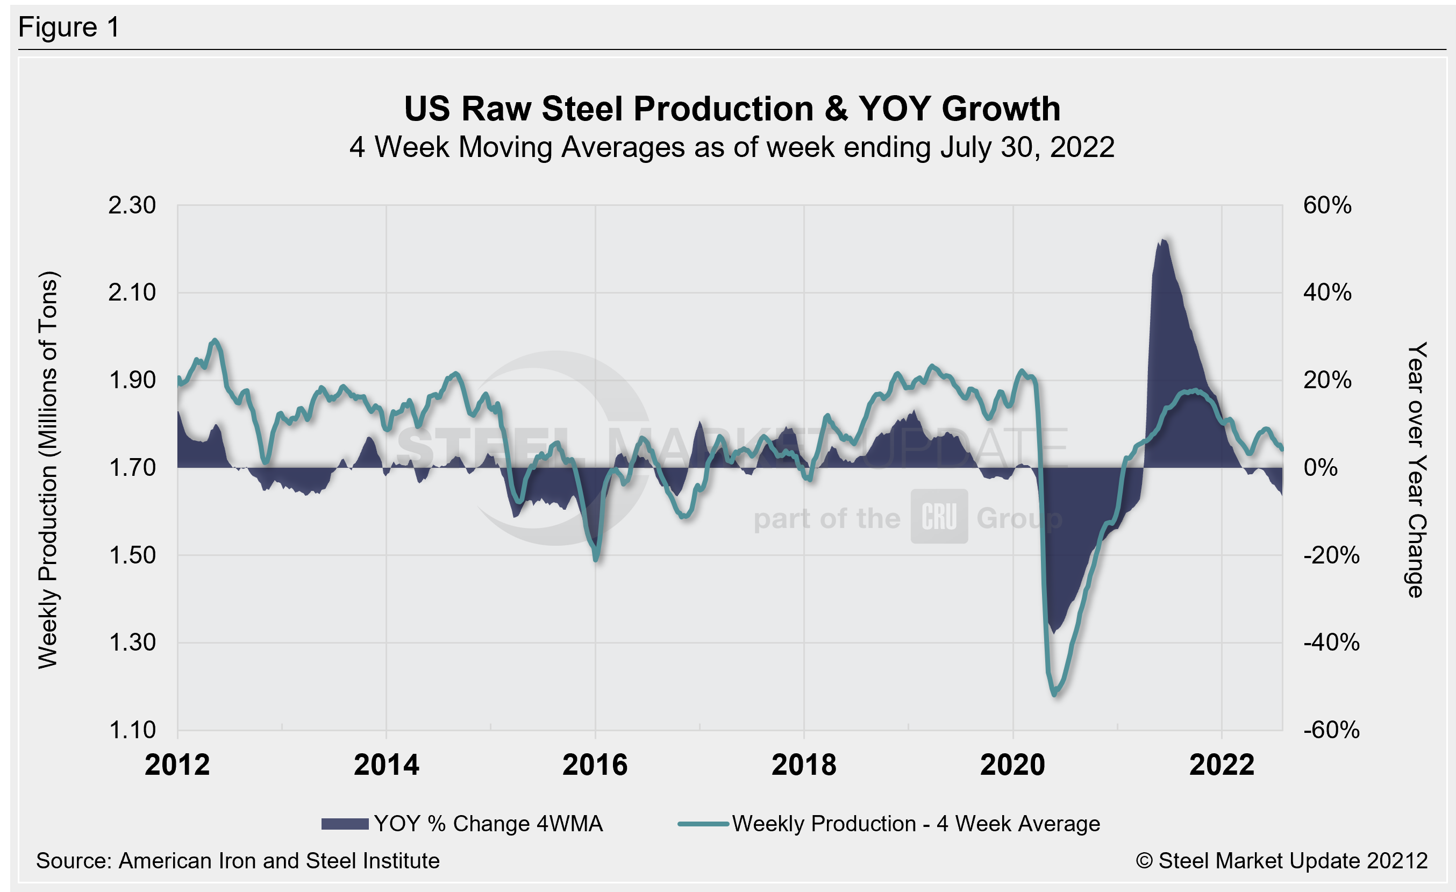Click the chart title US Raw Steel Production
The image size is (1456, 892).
click(732, 109)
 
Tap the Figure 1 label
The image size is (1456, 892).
click(69, 27)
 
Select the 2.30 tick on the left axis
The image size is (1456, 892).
click(132, 205)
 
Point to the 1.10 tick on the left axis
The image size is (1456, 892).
click(132, 730)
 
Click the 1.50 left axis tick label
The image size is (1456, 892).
click(132, 555)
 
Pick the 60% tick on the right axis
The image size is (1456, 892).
click(1327, 205)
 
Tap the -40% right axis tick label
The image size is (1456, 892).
click(1331, 642)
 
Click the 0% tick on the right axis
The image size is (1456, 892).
click(1320, 468)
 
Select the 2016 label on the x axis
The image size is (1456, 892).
click(595, 765)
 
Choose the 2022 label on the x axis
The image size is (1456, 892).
click(1222, 765)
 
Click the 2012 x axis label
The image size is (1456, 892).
click(177, 765)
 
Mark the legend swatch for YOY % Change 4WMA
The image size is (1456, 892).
click(345, 824)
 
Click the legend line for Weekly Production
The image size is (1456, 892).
click(703, 824)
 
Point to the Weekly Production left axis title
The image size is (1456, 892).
click(48, 469)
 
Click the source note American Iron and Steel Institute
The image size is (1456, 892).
click(238, 861)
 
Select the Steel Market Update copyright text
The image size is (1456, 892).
click(1281, 861)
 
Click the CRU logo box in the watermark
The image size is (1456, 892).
click(939, 516)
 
